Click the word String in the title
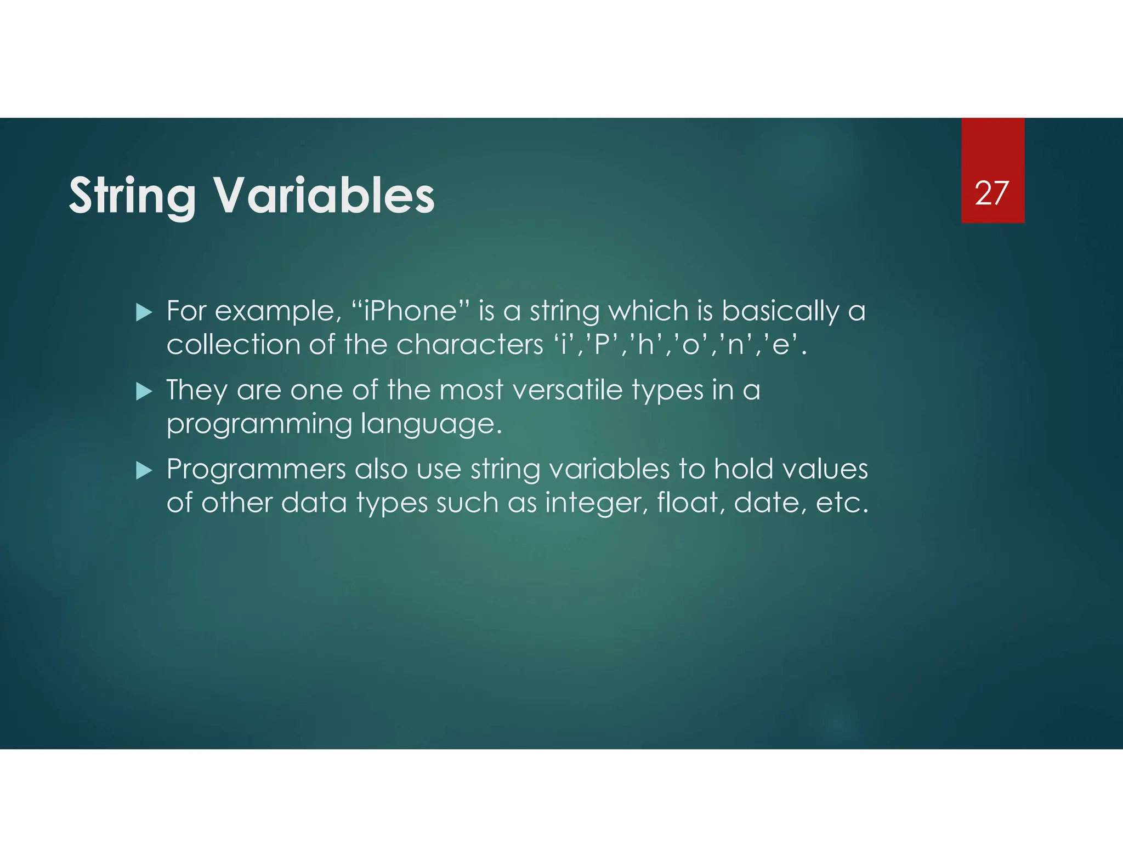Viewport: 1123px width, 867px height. (132, 196)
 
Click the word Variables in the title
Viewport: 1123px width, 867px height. (324, 196)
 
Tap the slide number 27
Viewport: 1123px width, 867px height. (991, 193)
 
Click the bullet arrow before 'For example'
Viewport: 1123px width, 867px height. (144, 312)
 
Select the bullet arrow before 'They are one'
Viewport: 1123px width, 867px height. (144, 391)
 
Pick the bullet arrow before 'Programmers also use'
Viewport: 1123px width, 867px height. (144, 470)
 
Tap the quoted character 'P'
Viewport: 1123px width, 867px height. (602, 345)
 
